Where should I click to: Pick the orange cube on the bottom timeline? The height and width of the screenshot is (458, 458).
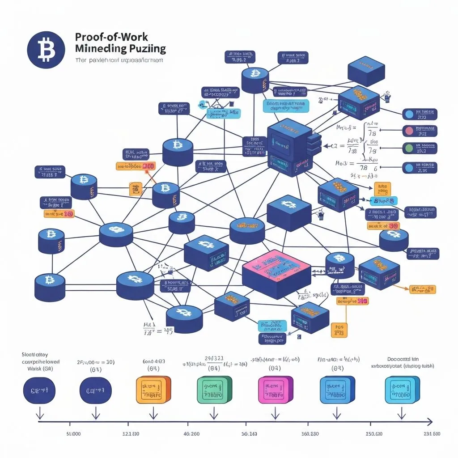tap(153, 390)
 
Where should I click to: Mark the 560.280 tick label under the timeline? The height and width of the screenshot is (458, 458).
tap(310, 434)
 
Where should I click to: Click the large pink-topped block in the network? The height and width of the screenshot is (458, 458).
tap(276, 273)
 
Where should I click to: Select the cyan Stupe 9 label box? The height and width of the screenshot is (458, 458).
tap(383, 200)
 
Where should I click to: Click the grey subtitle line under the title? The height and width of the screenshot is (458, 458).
tap(119, 60)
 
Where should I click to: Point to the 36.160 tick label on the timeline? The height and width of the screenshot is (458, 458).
tap(249, 434)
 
